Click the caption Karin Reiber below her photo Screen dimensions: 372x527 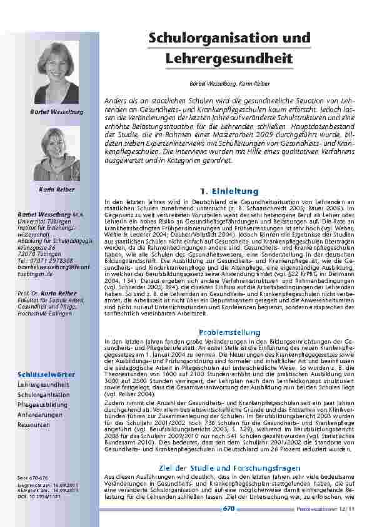coord(56,189)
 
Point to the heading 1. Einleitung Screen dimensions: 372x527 coord(225,190)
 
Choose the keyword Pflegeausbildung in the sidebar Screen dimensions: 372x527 coord(43,405)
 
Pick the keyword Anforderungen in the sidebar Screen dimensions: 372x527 coord(41,414)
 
